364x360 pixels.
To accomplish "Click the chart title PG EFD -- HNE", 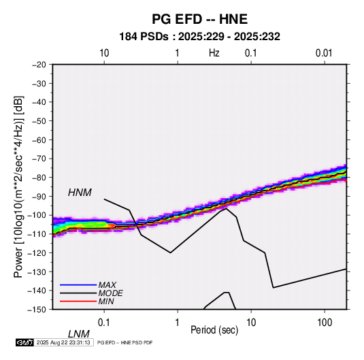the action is [x=199, y=19].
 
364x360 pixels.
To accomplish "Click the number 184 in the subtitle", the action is [x=128, y=37].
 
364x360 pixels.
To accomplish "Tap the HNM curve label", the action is [x=80, y=193].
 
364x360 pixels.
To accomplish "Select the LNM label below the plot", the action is [x=78, y=334].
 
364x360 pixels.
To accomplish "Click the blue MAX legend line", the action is [x=78, y=284].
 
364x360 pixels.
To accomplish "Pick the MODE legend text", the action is [x=110, y=293].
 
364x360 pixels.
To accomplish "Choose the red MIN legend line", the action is [x=78, y=301].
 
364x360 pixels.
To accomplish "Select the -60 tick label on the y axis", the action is [x=39, y=140].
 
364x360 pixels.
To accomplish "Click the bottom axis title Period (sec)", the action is [x=214, y=330].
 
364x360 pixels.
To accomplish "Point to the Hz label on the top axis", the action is [x=214, y=53].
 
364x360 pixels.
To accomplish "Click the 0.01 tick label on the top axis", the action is [x=324, y=53].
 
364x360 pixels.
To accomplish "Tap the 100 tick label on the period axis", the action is [x=325, y=323].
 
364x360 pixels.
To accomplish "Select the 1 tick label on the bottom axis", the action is [x=178, y=323].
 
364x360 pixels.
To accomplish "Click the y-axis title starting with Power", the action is [x=18, y=187].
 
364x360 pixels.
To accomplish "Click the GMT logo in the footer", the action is [x=24, y=342].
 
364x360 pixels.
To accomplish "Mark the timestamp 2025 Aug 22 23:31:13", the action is [x=63, y=342].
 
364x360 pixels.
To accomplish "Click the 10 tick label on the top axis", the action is [x=104, y=53].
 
